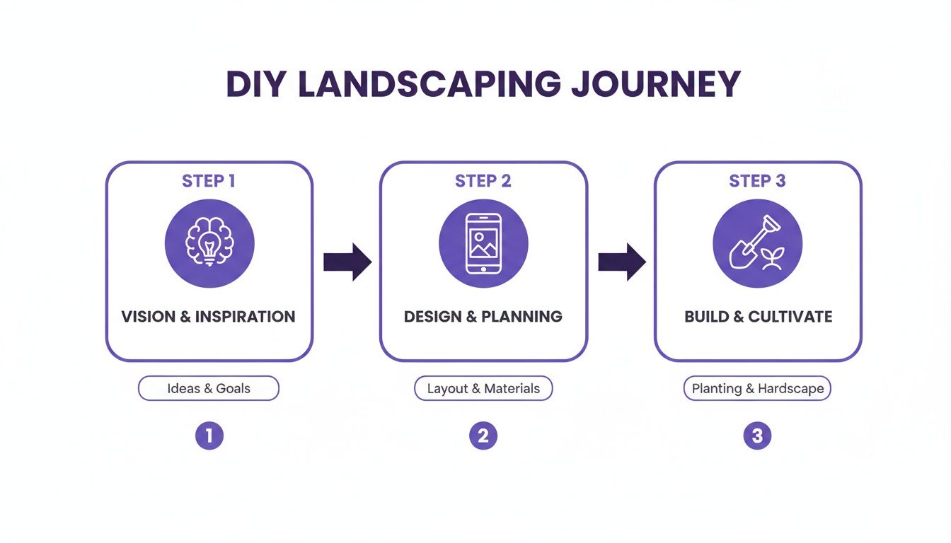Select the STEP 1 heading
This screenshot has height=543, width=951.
[209, 181]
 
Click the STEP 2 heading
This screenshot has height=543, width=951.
[483, 181]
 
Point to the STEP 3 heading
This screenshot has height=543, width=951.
[757, 181]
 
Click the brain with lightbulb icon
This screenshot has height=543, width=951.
[209, 243]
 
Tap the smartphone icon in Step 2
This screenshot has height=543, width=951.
[483, 243]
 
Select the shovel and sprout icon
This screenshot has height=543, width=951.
[757, 243]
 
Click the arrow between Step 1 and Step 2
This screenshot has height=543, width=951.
[347, 262]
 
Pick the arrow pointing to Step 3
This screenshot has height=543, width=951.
[621, 262]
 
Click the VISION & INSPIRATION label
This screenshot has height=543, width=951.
[209, 316]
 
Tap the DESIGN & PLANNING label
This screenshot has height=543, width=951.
[483, 316]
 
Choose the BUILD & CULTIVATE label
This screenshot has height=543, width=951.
[758, 316]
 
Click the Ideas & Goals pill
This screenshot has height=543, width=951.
[209, 388]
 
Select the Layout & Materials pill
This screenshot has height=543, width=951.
[483, 388]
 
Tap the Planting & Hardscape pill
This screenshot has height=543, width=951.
[757, 388]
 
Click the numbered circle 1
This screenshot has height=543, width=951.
[209, 436]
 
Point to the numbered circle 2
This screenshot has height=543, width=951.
[483, 436]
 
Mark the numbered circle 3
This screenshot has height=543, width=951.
[757, 436]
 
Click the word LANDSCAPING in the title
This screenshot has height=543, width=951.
[430, 85]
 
